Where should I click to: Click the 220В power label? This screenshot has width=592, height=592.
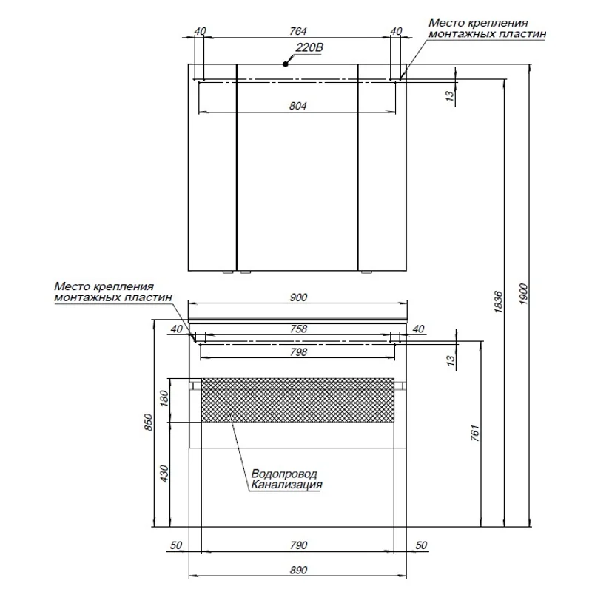point(309,48)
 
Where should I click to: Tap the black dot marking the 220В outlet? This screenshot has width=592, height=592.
point(286,64)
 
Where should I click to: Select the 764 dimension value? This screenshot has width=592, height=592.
point(298,31)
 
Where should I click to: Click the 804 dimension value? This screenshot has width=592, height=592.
point(298,106)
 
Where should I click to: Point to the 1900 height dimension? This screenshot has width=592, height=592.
point(523,294)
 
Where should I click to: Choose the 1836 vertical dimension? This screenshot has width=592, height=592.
point(498,302)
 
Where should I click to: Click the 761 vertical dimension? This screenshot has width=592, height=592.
point(475,433)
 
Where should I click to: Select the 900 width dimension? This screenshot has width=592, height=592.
point(298,297)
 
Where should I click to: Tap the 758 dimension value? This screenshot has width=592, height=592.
point(298,329)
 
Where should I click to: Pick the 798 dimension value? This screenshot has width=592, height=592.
point(298,352)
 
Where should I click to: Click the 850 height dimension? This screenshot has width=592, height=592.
point(149,423)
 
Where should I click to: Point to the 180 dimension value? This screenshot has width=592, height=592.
point(164,399)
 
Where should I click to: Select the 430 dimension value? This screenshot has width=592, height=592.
point(164,474)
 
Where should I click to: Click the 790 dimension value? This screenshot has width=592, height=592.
point(298,545)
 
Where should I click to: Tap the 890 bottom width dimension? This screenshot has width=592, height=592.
point(298,570)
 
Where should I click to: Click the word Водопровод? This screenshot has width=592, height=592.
point(284,474)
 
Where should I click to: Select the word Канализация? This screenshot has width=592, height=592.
point(286,485)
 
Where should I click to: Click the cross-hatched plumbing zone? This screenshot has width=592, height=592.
point(298,400)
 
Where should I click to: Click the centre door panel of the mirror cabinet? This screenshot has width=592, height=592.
point(297,168)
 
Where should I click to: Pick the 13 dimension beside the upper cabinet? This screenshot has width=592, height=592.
point(450,96)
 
